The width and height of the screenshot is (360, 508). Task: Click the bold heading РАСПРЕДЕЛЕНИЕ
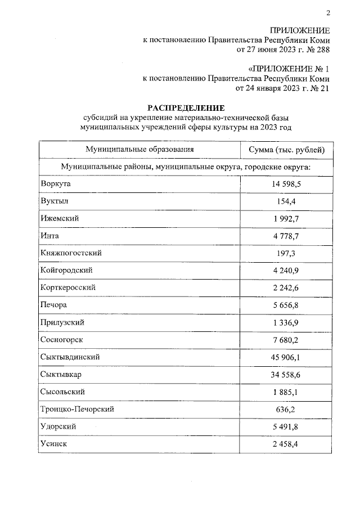pyautogui.click(x=186, y=107)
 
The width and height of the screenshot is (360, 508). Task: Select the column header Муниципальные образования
pyautogui.click(x=139, y=149)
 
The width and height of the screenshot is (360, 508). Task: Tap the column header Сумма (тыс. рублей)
pyautogui.click(x=286, y=149)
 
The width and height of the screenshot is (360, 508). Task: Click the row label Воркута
pyautogui.click(x=57, y=183)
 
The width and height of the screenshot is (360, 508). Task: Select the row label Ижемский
pyautogui.click(x=59, y=218)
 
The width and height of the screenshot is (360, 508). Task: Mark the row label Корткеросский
pyautogui.click(x=68, y=287)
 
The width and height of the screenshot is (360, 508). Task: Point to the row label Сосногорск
pyautogui.click(x=62, y=339)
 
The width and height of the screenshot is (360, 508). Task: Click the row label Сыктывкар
pyautogui.click(x=62, y=374)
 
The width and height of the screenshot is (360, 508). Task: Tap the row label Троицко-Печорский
pyautogui.click(x=78, y=408)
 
